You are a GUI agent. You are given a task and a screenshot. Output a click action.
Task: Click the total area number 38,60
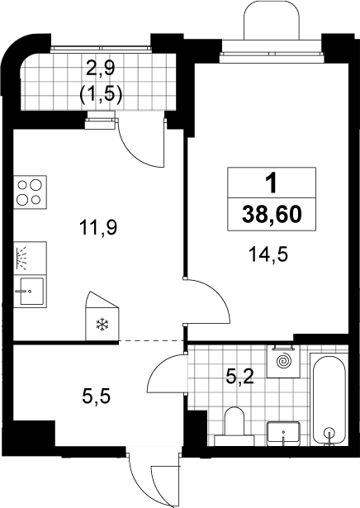click(272, 215)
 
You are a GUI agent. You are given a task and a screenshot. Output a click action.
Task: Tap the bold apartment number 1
click(272, 183)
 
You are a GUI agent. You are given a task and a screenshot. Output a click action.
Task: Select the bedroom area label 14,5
click(268, 254)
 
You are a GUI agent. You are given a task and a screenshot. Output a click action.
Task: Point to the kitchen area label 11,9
click(99, 227)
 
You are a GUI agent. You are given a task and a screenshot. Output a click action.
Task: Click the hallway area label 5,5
click(97, 396)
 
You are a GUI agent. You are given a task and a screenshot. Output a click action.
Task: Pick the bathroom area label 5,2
click(240, 377)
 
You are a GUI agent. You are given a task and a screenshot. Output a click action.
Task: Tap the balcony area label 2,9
click(101, 69)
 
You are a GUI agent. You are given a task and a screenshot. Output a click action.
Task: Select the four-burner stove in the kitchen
click(30, 192)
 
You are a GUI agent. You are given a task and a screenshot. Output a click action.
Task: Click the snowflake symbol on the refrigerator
click(102, 325)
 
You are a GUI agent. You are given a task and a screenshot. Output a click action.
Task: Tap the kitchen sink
click(30, 291)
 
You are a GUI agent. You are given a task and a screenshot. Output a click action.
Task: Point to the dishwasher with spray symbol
click(30, 259)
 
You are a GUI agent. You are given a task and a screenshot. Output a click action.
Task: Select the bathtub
click(329, 399)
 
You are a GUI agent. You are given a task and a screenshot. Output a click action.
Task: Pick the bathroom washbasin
click(284, 433)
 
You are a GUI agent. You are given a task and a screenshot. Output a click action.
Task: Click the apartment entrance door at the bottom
click(154, 479)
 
